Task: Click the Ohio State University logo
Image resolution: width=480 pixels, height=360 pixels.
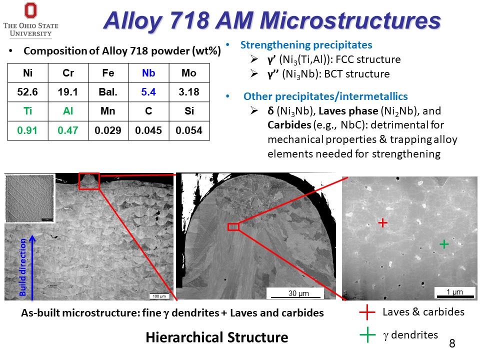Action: pyautogui.click(x=30, y=20)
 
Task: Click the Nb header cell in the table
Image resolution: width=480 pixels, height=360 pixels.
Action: pyautogui.click(x=149, y=73)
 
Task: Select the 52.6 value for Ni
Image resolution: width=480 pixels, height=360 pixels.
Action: pyautogui.click(x=27, y=92)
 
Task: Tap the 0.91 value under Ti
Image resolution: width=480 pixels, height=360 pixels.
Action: pyautogui.click(x=27, y=130)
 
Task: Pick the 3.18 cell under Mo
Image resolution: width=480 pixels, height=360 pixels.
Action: pyautogui.click(x=189, y=92)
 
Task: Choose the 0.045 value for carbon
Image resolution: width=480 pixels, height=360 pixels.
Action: pyautogui.click(x=148, y=130)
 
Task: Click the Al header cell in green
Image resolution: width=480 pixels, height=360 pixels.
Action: pyautogui.click(x=68, y=111)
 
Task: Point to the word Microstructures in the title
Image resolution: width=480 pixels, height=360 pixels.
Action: pyautogui.click(x=350, y=20)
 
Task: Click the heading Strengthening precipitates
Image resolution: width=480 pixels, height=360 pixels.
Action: pyautogui.click(x=306, y=45)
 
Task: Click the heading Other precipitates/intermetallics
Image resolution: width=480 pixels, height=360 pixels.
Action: pyautogui.click(x=325, y=96)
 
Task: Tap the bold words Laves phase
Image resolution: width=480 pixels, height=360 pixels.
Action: pyautogui.click(x=348, y=111)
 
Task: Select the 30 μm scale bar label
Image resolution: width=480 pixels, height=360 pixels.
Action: pyautogui.click(x=298, y=293)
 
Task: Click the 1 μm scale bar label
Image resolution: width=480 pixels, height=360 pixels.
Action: pyautogui.click(x=454, y=291)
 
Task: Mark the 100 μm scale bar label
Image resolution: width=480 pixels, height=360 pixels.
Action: pyautogui.click(x=159, y=296)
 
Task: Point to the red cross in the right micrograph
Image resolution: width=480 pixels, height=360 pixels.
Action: pyautogui.click(x=382, y=222)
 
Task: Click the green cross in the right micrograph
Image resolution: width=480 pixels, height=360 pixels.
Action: pyautogui.click(x=444, y=244)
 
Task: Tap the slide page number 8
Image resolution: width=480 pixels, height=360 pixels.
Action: pyautogui.click(x=452, y=343)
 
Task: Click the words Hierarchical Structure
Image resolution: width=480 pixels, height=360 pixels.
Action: pyautogui.click(x=216, y=337)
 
